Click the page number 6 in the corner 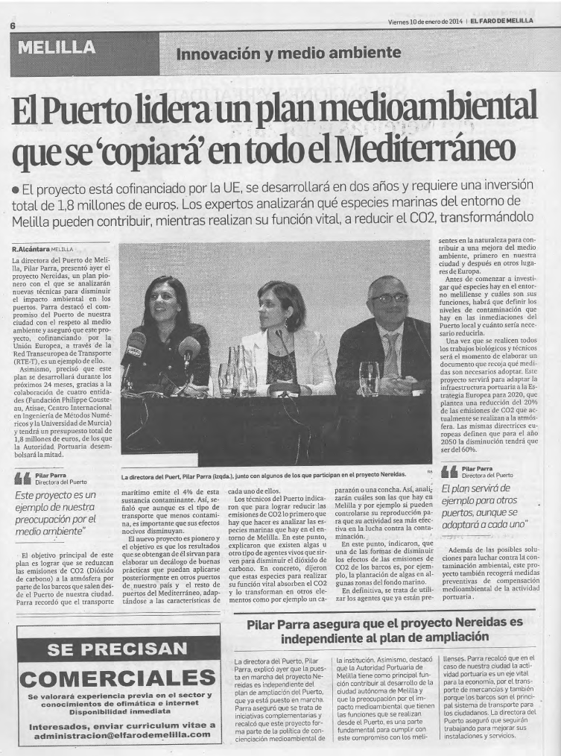tap(13, 25)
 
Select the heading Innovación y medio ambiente tap(283, 53)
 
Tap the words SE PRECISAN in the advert tap(118, 648)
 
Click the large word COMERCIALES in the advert tap(118, 678)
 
